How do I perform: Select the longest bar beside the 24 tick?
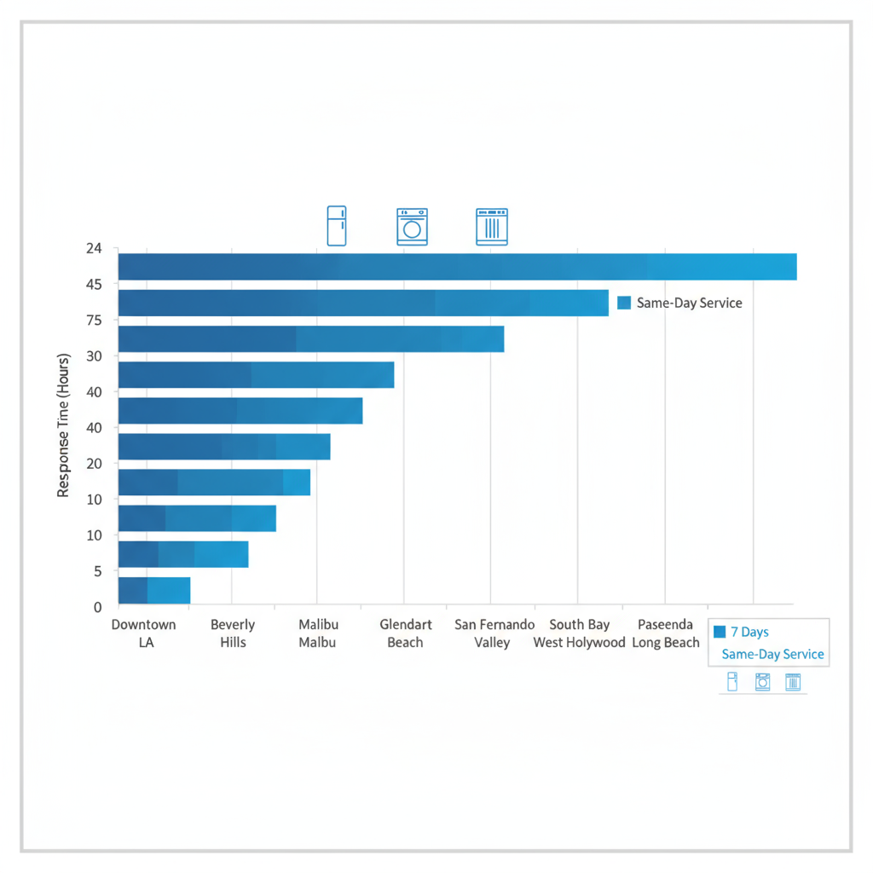[457, 267]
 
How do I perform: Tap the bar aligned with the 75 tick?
[310, 338]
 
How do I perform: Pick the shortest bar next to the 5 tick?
[153, 590]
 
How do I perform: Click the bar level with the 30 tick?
[256, 375]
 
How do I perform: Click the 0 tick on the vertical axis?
[97, 607]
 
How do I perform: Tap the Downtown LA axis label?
[144, 633]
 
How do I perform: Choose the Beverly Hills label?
[233, 633]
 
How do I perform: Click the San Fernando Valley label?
[494, 633]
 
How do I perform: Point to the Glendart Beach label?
[406, 633]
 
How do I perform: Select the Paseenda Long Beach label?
[666, 633]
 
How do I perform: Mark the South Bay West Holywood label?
[580, 633]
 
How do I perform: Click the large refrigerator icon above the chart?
[337, 226]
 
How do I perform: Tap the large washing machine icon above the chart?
[412, 227]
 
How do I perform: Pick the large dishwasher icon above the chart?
[491, 227]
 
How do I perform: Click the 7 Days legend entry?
[742, 632]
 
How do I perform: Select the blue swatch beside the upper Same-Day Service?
[623, 303]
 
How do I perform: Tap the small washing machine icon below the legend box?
[762, 681]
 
